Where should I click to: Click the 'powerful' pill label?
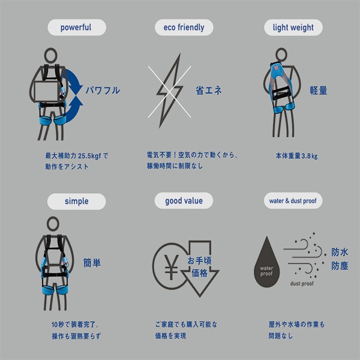pyautogui.click(x=77, y=28)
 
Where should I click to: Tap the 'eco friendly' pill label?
pyautogui.click(x=184, y=28)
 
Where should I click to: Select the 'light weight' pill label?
pyautogui.click(x=293, y=28)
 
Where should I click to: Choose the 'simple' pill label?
pyautogui.click(x=76, y=202)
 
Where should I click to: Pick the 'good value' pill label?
pyautogui.click(x=184, y=200)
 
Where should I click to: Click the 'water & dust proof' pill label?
pyautogui.click(x=293, y=200)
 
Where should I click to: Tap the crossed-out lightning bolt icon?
pyautogui.click(x=169, y=91)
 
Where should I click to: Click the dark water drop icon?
pyautogui.click(x=266, y=262)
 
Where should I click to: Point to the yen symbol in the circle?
pyautogui.click(x=171, y=267)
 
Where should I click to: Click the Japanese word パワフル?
pyautogui.click(x=103, y=90)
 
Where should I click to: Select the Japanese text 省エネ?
pyautogui.click(x=208, y=90)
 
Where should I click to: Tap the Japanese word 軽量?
pyautogui.click(x=319, y=90)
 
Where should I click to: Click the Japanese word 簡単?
pyautogui.click(x=92, y=263)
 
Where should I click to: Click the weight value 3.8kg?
pyautogui.click(x=310, y=156)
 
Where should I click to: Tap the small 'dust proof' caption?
pyautogui.click(x=302, y=284)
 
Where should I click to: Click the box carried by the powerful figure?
pyautogui.click(x=47, y=92)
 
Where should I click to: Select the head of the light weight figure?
pyautogui.click(x=281, y=55)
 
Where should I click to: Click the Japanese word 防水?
pyautogui.click(x=340, y=252)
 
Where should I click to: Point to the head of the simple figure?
pyautogui.click(x=53, y=224)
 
